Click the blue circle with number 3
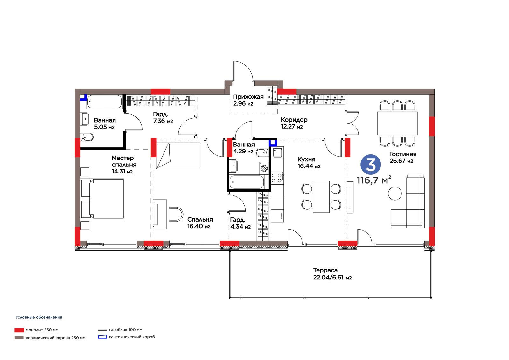click(371, 165)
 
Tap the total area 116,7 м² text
click(374, 180)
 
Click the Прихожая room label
click(248, 97)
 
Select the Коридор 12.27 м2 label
click(294, 123)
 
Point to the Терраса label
click(325, 270)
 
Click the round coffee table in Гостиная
click(395, 193)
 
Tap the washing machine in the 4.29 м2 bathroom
click(264, 168)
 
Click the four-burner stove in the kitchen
click(277, 178)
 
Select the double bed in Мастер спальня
click(103, 199)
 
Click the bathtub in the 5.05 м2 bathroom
click(105, 102)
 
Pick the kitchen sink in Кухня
click(277, 152)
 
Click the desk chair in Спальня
click(176, 214)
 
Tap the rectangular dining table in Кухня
click(321, 197)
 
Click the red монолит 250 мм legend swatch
click(19, 330)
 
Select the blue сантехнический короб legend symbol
click(102, 337)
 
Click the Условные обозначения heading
click(38, 317)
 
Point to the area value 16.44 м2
click(309, 166)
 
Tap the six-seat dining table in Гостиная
click(397, 124)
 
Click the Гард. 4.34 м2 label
click(241, 223)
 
